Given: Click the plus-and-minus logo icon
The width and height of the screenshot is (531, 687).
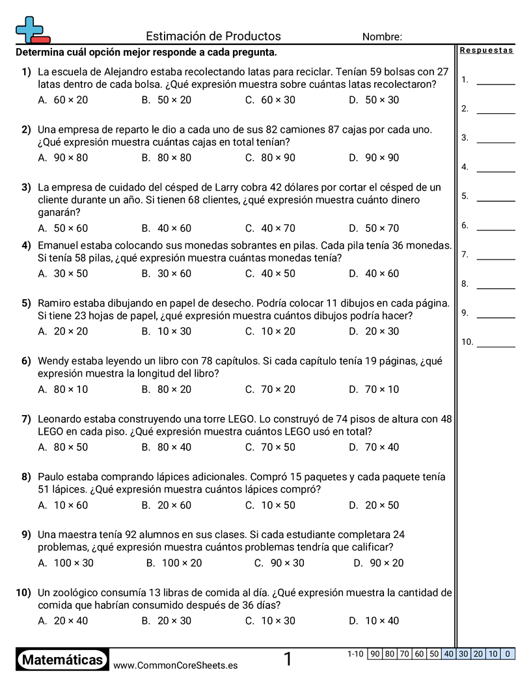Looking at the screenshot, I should click(32, 30).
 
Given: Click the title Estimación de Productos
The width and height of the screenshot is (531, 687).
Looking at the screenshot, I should click(213, 36).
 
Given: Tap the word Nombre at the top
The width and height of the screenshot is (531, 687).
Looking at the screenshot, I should click(382, 37).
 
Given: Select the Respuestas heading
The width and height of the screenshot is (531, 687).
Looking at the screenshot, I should click(486, 51).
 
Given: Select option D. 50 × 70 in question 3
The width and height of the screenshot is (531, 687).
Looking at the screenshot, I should click(374, 228).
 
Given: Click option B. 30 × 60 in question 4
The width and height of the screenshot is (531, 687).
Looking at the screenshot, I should click(167, 274).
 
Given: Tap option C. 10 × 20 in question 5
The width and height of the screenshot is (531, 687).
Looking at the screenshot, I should click(270, 332).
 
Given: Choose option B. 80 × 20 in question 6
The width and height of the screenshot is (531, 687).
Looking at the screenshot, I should click(167, 390).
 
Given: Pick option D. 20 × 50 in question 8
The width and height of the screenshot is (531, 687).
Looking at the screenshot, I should click(374, 505).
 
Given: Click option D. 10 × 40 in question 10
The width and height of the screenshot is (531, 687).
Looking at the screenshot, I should click(374, 621).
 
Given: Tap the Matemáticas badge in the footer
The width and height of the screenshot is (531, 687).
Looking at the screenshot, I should click(62, 660).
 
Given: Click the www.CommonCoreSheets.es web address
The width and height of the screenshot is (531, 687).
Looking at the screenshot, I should click(175, 666).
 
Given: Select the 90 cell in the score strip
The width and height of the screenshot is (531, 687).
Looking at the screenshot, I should click(375, 654).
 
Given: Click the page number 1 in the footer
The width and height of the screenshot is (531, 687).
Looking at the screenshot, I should click(288, 660).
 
